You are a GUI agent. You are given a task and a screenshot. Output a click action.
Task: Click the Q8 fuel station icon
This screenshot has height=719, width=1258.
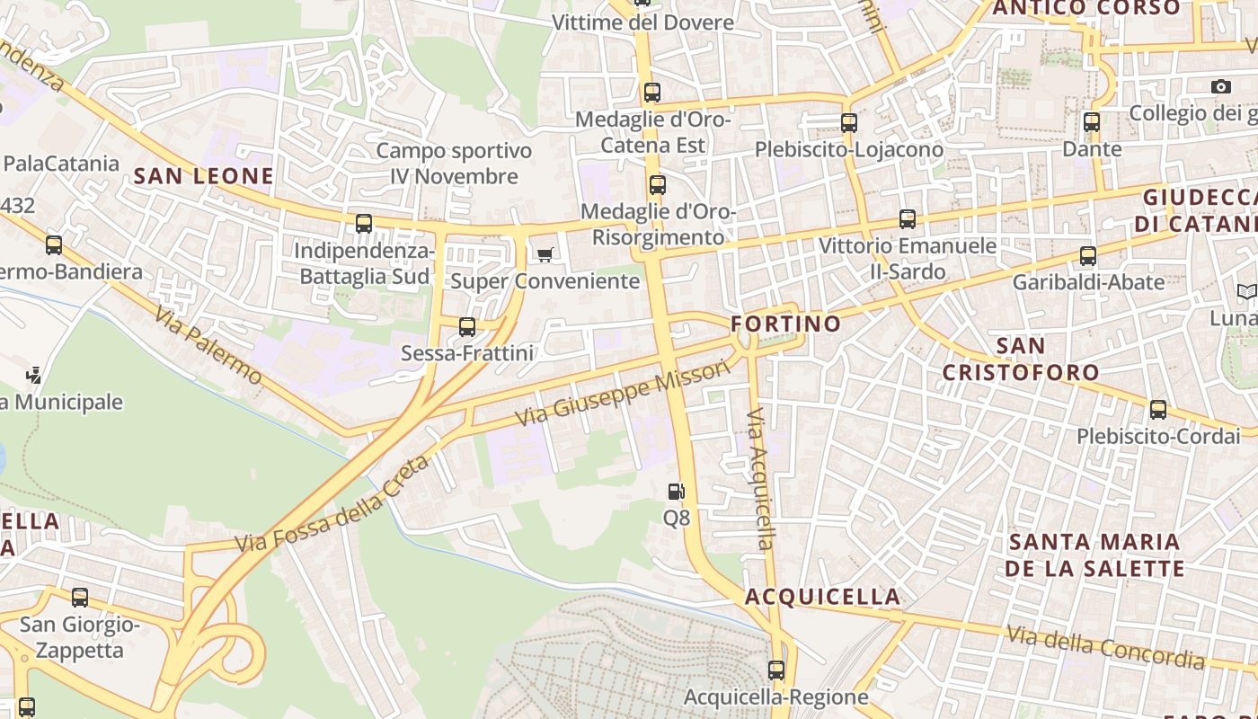coord(676,491)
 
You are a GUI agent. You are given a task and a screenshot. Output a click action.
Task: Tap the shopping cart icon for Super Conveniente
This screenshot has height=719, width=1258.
coord(545,255)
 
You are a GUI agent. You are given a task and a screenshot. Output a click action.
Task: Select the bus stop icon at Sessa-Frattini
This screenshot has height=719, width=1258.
coord(467,327)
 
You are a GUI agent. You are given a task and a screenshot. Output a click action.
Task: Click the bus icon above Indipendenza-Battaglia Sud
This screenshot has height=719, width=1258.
coord(364,223)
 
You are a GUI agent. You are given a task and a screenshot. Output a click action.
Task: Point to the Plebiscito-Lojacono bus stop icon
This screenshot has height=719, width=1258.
coord(848,123)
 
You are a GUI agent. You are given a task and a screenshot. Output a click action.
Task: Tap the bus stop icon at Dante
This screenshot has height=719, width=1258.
coord(1092,122)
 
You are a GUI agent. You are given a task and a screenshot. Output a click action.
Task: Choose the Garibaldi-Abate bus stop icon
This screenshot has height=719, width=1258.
coord(1088,256)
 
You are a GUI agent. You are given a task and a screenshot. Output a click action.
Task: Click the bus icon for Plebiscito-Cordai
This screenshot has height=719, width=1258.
coord(1158,410)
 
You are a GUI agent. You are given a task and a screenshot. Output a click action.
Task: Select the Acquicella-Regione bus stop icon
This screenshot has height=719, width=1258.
coord(776,670)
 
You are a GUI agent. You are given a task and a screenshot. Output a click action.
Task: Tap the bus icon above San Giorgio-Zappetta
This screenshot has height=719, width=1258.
coord(80,597)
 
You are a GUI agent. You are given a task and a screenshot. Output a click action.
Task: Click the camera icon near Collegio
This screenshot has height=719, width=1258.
coord(1220,86)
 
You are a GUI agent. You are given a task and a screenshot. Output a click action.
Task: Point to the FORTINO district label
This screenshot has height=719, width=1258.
coord(785,324)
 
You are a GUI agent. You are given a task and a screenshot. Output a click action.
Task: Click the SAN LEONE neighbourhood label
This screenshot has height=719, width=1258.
coord(203,176)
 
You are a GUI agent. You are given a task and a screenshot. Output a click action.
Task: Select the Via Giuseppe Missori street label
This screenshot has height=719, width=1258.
coord(623,394)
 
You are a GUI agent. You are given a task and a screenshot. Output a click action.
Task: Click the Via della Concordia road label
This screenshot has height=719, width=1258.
coord(1105,647)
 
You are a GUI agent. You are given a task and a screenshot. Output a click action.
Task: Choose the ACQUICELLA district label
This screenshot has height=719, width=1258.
coord(822,597)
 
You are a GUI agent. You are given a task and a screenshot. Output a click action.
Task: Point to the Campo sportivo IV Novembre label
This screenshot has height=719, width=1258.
coord(454,164)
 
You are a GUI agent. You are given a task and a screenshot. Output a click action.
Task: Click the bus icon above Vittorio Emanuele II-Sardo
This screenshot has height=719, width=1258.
coord(908,219)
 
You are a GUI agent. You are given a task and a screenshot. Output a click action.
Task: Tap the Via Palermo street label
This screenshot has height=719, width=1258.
coord(207,345)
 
